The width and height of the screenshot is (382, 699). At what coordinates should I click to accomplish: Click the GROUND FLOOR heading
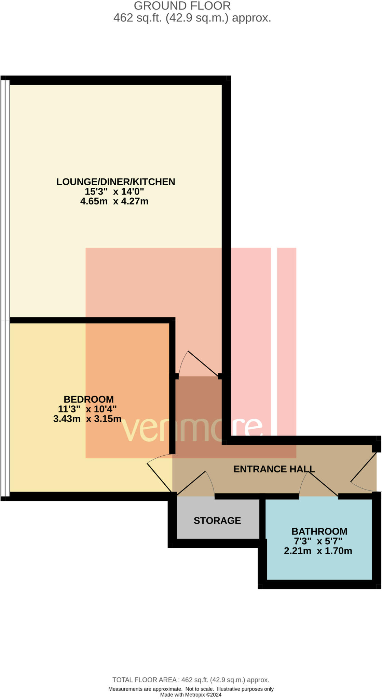(x=182, y=6)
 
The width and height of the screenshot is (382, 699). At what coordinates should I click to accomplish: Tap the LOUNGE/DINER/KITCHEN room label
(x=115, y=182)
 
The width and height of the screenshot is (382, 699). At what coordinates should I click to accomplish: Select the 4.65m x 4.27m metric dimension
(x=114, y=201)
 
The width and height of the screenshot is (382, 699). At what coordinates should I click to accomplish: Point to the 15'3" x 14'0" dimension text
(x=114, y=191)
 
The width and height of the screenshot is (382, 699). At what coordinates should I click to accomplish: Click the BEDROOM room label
(x=88, y=399)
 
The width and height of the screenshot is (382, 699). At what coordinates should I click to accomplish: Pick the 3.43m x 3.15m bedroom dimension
(x=87, y=419)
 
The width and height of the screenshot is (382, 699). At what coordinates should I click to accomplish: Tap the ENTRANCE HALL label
(x=274, y=469)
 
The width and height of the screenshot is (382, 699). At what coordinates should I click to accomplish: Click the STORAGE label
(x=217, y=520)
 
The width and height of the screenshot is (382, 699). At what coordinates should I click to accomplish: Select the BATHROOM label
(x=319, y=531)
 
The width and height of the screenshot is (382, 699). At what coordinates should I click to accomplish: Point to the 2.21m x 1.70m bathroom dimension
(x=318, y=551)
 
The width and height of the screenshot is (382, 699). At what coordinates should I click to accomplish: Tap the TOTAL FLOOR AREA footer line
(x=191, y=680)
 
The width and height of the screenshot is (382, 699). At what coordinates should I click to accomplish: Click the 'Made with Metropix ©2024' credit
(x=191, y=695)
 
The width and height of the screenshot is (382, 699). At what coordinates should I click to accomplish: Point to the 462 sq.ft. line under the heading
(x=192, y=18)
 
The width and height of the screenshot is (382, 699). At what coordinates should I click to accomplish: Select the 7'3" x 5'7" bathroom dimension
(x=318, y=541)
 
